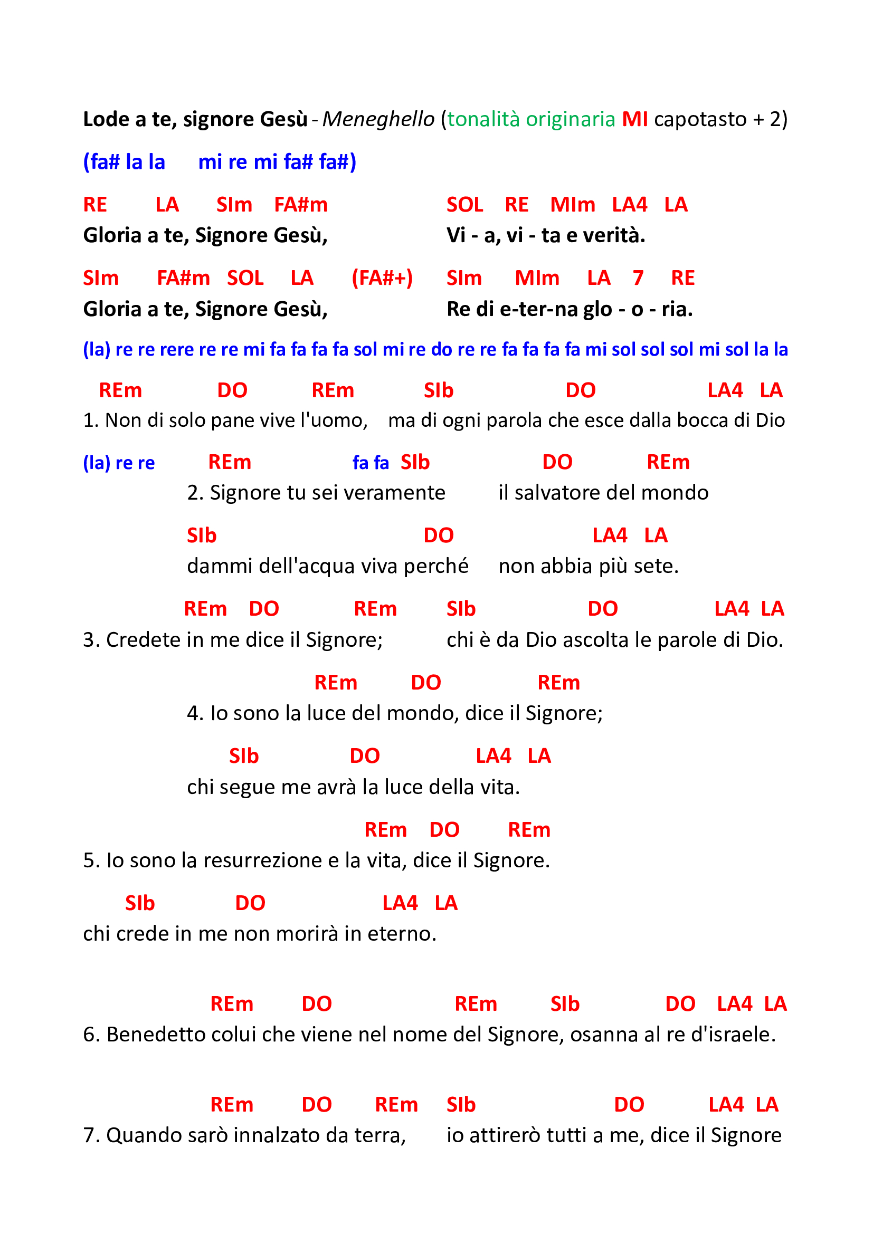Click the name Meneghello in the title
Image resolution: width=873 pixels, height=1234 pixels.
378,119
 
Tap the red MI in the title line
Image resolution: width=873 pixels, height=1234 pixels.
634,119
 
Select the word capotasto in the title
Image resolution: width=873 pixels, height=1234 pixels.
700,119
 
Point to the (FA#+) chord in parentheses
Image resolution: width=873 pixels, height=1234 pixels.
382,278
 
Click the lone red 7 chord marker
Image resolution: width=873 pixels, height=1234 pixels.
638,278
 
